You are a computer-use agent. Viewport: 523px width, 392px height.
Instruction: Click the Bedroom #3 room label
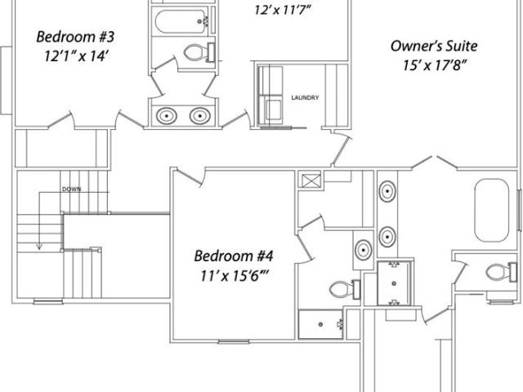[x=75, y=37]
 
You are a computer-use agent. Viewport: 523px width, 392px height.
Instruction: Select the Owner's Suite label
[x=434, y=46]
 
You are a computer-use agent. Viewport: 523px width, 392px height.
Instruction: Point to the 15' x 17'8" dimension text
[x=434, y=65]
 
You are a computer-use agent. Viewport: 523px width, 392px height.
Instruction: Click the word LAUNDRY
[x=305, y=98]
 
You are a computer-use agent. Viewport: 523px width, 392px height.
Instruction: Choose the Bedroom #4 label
[x=234, y=256]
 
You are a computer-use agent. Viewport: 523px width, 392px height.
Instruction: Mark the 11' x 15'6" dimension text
[x=235, y=276]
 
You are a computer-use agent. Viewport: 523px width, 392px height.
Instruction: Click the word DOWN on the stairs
[x=71, y=189]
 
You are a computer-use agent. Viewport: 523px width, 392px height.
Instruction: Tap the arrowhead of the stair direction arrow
[x=39, y=247]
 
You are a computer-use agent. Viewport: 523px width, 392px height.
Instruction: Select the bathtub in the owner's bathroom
[x=492, y=211]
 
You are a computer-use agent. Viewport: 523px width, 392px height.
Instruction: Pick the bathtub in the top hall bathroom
[x=181, y=22]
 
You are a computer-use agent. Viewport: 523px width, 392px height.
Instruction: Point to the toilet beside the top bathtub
[x=199, y=52]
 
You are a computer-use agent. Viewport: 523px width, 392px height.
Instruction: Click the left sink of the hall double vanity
[x=167, y=116]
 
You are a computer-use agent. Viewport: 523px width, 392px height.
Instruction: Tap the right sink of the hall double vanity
[x=199, y=116]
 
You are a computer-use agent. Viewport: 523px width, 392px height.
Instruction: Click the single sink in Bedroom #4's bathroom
[x=363, y=250]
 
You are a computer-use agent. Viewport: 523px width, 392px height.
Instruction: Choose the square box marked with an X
[x=311, y=180]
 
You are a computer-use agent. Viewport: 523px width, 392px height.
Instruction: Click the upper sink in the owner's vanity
[x=387, y=192]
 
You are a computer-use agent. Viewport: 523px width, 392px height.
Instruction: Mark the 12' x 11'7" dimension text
[x=283, y=10]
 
